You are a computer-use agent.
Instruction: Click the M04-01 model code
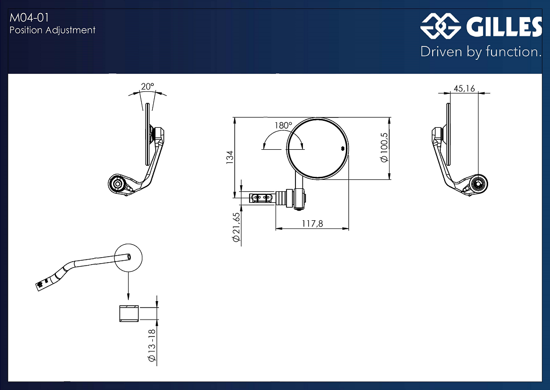(x=29, y=17)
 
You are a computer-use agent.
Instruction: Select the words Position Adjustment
(x=52, y=30)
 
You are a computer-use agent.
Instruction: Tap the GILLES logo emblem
(x=441, y=25)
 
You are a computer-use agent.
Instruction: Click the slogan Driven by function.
(x=481, y=52)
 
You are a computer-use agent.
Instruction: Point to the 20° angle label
(x=147, y=86)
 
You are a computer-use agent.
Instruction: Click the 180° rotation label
(x=283, y=125)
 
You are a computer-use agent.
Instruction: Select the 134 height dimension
(x=230, y=157)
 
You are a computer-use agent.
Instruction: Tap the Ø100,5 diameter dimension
(x=384, y=147)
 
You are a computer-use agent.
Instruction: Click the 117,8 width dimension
(x=312, y=224)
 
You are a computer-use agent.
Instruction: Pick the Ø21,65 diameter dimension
(x=236, y=227)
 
